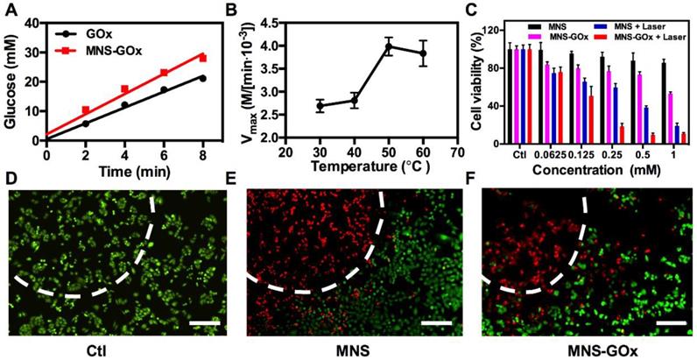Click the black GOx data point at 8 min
[202, 79]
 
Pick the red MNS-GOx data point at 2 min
[85, 110]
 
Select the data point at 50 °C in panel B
[389, 46]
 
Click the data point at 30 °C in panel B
[320, 105]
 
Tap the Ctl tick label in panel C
[519, 149]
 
